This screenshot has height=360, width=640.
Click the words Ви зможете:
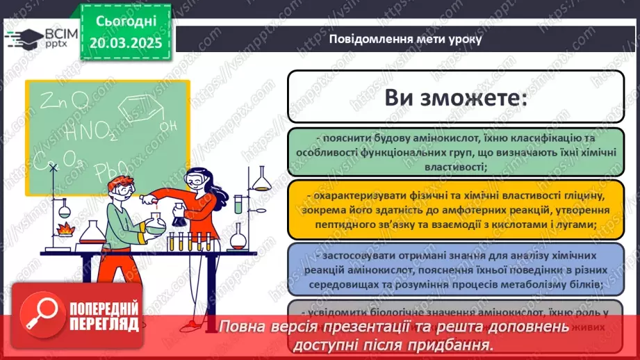coord(454,97)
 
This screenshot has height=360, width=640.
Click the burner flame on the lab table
coord(67,227)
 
